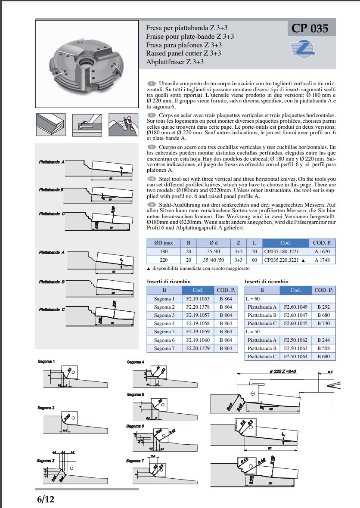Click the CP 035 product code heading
pos(310,29)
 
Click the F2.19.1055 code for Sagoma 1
pos(198,299)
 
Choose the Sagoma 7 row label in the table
pos(164,348)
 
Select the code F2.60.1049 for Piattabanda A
pos(295,307)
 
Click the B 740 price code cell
pos(323,323)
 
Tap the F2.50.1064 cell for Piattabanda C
pos(295,356)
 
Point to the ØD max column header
pos(164,243)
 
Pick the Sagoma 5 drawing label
pos(135,394)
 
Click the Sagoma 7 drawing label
pos(135,461)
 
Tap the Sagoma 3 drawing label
pos(45,461)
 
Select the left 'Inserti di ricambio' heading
pos(169,282)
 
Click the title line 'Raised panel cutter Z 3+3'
pos(184,53)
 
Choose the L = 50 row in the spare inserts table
pos(254,331)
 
